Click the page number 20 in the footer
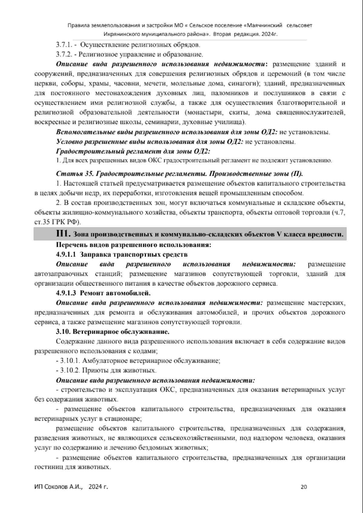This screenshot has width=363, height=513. (304, 487)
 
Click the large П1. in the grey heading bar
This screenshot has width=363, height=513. (63, 234)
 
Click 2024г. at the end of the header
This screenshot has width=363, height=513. (268, 34)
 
